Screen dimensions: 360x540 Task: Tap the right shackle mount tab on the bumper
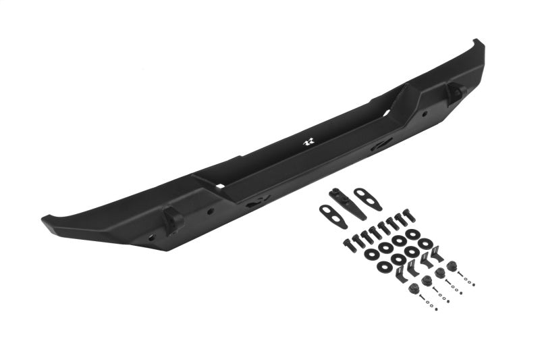(x=456, y=92)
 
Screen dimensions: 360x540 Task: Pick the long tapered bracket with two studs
(x=348, y=204)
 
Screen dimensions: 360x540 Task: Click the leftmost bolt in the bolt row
(x=350, y=244)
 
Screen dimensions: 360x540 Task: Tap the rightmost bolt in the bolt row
(x=406, y=216)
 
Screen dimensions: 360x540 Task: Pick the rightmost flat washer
(x=425, y=242)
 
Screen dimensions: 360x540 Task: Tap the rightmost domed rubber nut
(x=451, y=265)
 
